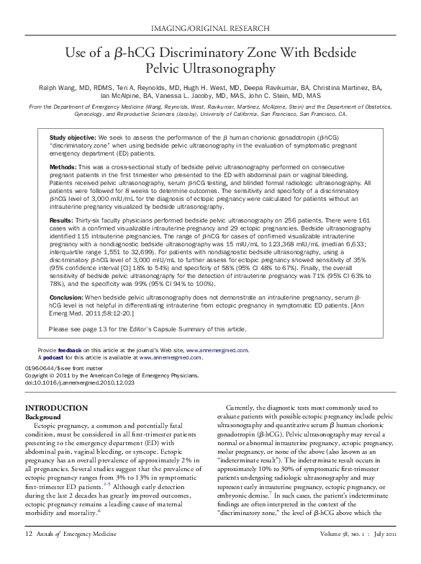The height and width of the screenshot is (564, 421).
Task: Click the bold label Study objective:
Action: point(73,137)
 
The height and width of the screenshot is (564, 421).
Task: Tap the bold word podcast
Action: point(53,357)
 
